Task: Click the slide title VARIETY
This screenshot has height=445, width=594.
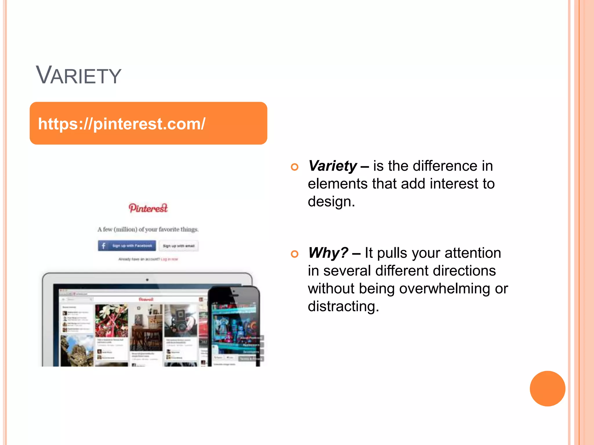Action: coord(78,76)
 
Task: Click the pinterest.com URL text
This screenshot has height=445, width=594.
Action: coord(122,124)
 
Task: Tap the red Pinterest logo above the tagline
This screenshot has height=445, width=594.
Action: coord(148,208)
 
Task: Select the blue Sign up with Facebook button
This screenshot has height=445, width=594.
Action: coord(127,246)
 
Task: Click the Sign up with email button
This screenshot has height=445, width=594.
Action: coord(179,246)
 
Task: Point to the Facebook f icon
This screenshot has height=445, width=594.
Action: coord(104,246)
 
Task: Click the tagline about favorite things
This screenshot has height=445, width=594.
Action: coord(148,229)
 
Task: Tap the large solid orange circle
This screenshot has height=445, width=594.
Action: coord(547,389)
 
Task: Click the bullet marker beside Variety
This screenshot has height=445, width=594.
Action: coord(294,167)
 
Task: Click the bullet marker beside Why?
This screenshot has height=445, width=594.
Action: coord(294,254)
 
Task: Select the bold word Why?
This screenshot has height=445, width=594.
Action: coord(328,253)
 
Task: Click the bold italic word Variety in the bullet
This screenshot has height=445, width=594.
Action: coord(332,166)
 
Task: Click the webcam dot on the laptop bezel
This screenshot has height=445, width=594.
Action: coord(147,280)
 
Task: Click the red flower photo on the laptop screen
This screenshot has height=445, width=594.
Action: coord(111,320)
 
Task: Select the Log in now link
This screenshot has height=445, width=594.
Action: coord(169,259)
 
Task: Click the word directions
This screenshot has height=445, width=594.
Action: coord(464,271)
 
